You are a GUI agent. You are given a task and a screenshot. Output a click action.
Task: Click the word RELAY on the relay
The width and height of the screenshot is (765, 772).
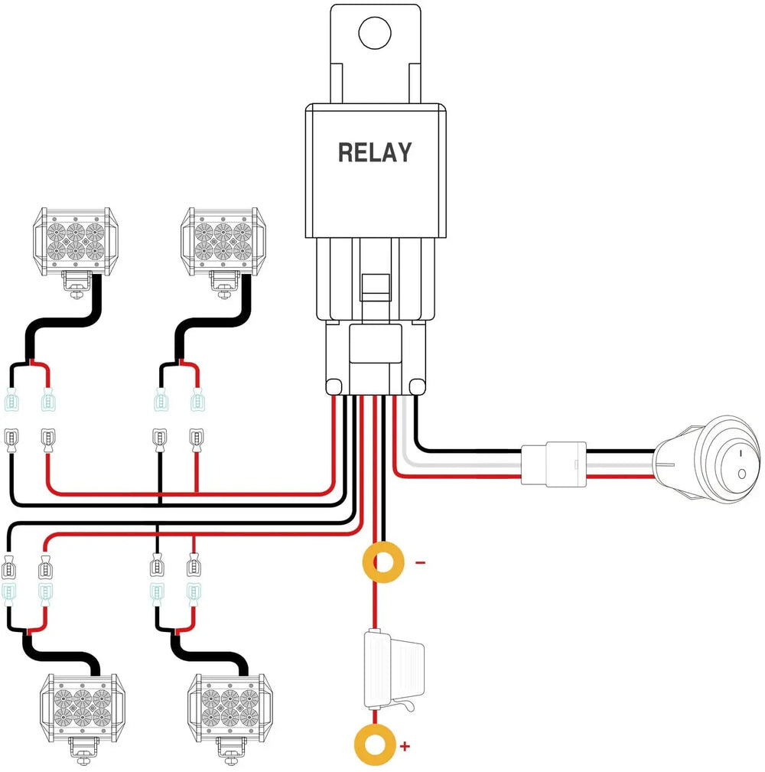click(x=374, y=152)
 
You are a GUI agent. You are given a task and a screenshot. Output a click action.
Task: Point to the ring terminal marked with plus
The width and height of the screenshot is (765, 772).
click(x=375, y=743)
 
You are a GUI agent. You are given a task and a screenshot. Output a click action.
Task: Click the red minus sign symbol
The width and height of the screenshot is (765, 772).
click(x=419, y=562)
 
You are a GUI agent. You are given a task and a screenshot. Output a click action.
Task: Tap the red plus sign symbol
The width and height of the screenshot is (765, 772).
click(x=405, y=744)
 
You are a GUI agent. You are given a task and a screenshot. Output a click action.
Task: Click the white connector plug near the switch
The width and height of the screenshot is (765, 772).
click(x=554, y=464)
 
